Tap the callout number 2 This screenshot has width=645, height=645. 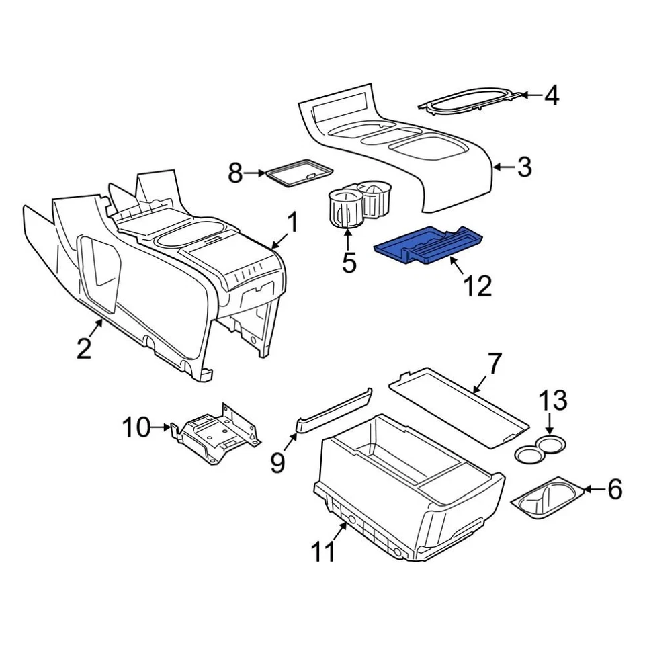pyautogui.click(x=83, y=348)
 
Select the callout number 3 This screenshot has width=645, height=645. pyautogui.click(x=525, y=166)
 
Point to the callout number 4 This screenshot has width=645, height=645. pyautogui.click(x=551, y=96)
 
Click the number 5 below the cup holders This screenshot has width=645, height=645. pyautogui.click(x=349, y=261)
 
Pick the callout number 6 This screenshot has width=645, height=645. pyautogui.click(x=615, y=490)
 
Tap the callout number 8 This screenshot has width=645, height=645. pyautogui.click(x=234, y=173)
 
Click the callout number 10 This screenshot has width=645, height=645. pyautogui.click(x=136, y=427)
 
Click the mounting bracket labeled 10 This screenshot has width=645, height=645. pyautogui.click(x=215, y=433)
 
